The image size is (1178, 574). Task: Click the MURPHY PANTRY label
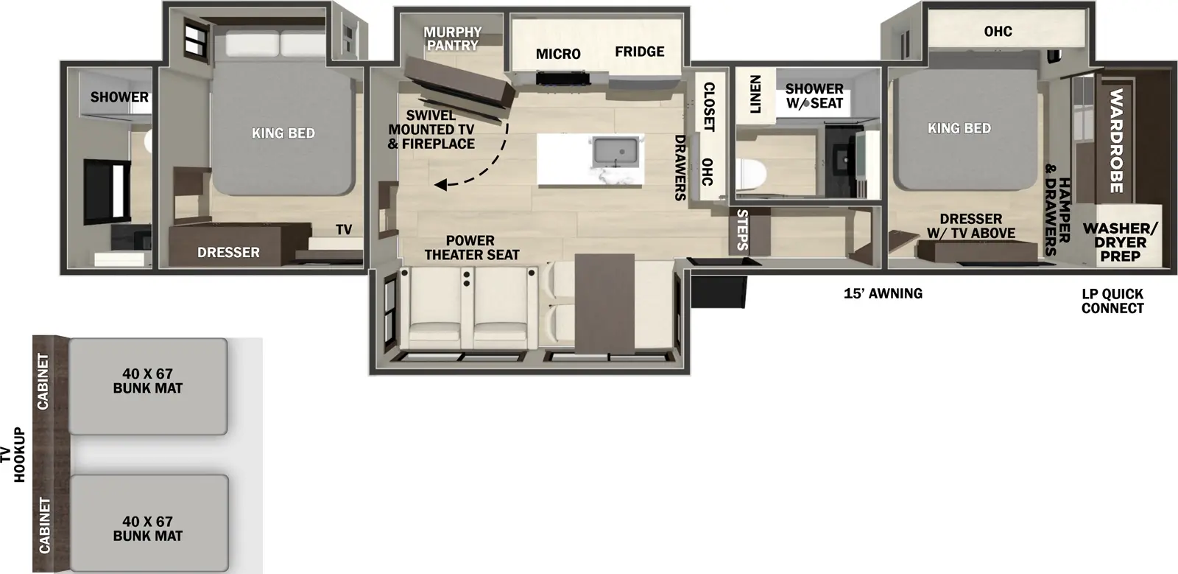coord(452,38)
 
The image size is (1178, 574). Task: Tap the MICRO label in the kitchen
coord(558,54)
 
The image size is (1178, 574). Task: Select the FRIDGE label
coord(639,52)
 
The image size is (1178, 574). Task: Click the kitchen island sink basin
coord(617,152)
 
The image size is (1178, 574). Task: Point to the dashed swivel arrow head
coord(440,185)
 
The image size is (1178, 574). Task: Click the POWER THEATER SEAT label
coord(471,248)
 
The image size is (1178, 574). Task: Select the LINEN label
coord(755,94)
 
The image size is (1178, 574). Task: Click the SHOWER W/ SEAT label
coord(814,96)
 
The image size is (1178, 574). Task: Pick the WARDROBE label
coord(1115,140)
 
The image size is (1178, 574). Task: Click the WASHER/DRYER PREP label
coord(1120,242)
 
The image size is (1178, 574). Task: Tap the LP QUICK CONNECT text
coord(1112,301)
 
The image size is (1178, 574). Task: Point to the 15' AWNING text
coord(883,293)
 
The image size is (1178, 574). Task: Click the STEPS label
coord(742,229)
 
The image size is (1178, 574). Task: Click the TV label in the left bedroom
coord(344,230)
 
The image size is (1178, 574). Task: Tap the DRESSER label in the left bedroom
coord(228,252)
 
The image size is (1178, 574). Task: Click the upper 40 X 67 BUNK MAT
coord(148,381)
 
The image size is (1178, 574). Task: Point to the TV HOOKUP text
coord(13,455)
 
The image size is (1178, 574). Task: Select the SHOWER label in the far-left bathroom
coord(119,97)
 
